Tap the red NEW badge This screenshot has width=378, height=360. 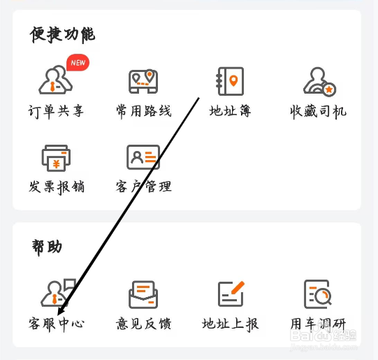click(x=78, y=62)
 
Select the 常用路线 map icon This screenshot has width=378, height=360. click(x=143, y=81)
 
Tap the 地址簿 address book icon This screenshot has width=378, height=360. click(x=230, y=81)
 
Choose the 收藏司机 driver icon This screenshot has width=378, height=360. click(x=319, y=82)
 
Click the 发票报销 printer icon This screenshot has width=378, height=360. click(x=56, y=158)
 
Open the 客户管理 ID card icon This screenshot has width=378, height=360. click(x=143, y=157)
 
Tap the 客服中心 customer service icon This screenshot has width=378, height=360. click(x=58, y=293)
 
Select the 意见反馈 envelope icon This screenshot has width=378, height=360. click(x=143, y=294)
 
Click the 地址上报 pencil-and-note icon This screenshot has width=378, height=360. click(x=231, y=294)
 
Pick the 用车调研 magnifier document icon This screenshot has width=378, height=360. click(x=317, y=294)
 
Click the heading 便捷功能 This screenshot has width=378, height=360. click(x=62, y=34)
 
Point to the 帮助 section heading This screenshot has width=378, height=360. click(x=47, y=247)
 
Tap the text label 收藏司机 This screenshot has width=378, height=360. click(x=318, y=112)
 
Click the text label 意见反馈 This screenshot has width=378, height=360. click(x=143, y=324)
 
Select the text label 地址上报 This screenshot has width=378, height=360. click(x=230, y=324)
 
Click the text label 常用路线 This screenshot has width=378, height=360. click(x=144, y=111)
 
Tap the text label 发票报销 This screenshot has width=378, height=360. click(x=57, y=187)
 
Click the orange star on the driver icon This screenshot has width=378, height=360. click(x=329, y=89)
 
